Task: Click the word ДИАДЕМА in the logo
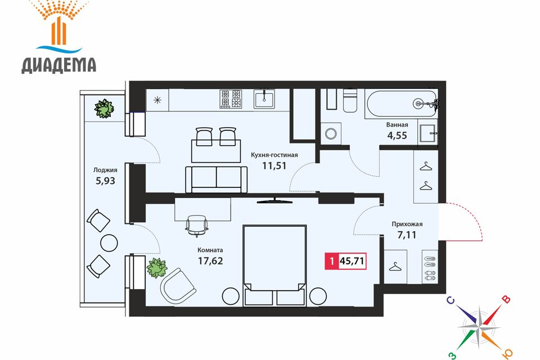[x=59, y=65]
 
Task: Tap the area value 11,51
[x=274, y=166]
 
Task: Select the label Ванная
[x=397, y=125]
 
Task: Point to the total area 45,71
[x=352, y=261]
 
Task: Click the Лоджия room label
[x=105, y=170]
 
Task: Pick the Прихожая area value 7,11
[x=407, y=235]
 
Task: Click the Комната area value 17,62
[x=210, y=261]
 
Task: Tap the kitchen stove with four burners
[x=231, y=99]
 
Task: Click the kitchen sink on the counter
[x=264, y=99]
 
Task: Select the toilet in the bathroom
[x=350, y=101]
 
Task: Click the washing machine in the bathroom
[x=331, y=134]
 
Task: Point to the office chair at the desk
[x=197, y=226]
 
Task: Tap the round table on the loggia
[x=109, y=243]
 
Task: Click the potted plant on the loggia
[x=104, y=109]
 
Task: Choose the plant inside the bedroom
[x=157, y=268]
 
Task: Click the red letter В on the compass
[x=506, y=299]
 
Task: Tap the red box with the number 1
[x=332, y=261]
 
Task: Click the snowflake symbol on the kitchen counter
[x=157, y=100]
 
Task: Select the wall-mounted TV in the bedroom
[x=274, y=201]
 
